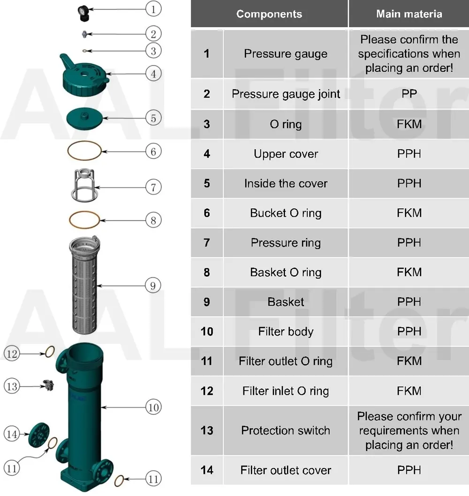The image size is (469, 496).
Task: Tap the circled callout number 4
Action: [153, 73]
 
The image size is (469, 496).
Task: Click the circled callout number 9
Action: [153, 285]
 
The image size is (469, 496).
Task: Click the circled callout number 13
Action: [12, 386]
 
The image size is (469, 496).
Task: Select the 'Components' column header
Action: [269, 14]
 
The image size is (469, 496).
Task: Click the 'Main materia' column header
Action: [409, 14]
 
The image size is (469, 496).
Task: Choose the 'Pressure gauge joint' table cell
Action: [286, 94]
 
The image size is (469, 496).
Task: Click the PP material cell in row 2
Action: [409, 94]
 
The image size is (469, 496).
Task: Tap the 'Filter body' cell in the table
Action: [286, 332]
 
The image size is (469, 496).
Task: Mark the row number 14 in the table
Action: [207, 470]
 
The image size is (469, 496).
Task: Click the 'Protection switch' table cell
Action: [286, 430]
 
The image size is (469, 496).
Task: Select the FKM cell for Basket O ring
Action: [409, 272]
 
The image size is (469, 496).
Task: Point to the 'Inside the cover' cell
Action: [286, 183]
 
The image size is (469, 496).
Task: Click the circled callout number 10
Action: [153, 407]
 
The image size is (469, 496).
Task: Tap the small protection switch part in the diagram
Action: [48, 385]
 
